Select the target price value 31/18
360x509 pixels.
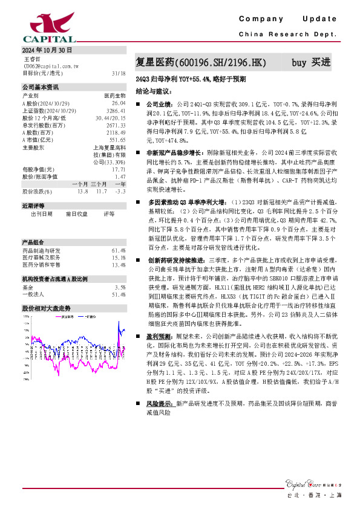click(x=119, y=73)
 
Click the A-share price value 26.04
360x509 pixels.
click(x=119, y=103)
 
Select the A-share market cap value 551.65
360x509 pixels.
click(x=117, y=140)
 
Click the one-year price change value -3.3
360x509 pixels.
click(x=119, y=192)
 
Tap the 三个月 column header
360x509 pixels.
click(x=99, y=184)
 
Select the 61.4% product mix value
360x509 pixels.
click(x=118, y=250)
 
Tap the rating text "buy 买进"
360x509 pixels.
click(x=311, y=62)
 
